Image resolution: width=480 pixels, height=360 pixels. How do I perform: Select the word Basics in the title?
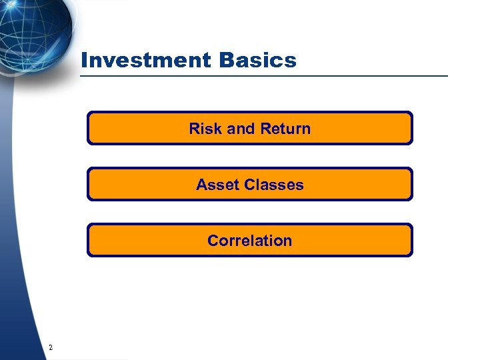[257, 61]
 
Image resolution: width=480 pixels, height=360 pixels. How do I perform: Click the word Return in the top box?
[285, 129]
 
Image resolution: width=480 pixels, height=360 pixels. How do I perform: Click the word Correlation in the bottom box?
[249, 241]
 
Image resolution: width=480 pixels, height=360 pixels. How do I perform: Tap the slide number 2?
[51, 347]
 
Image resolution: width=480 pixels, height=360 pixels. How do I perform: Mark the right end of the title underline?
[447, 76]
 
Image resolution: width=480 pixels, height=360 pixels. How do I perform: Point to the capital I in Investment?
[83, 61]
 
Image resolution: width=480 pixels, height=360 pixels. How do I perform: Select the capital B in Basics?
[224, 61]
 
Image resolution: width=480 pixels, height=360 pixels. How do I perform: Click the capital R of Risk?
[194, 129]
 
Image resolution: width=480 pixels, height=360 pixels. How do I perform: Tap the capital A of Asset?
[201, 185]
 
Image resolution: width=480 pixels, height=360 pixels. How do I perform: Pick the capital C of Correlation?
[213, 241]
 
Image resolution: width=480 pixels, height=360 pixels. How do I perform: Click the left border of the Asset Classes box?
[88, 184]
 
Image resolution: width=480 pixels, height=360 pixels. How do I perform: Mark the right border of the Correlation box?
[412, 240]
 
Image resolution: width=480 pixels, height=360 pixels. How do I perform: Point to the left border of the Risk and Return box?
[88, 128]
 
